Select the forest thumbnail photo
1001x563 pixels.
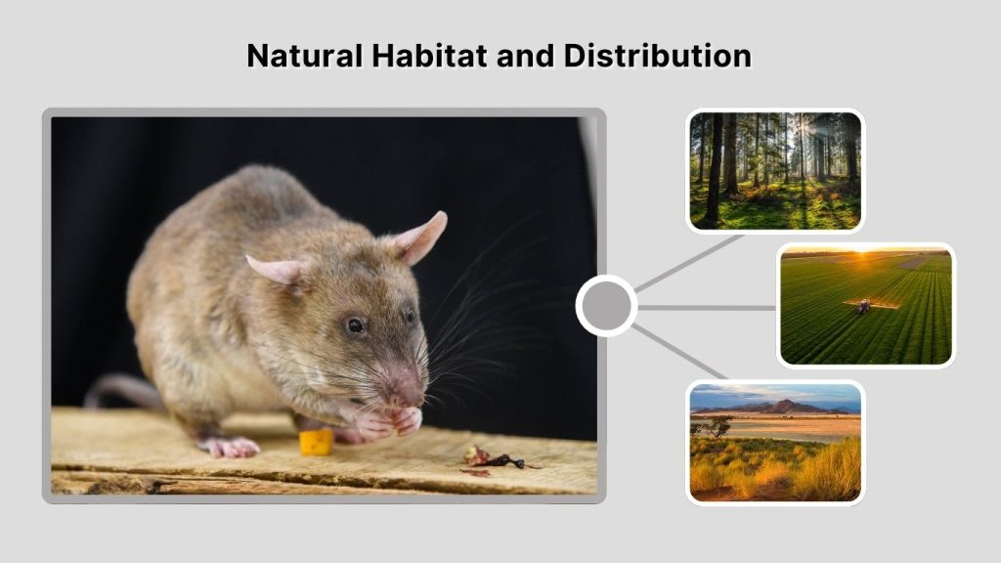coord(775,171)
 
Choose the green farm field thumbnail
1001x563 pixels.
coord(866,305)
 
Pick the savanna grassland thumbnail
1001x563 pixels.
coord(775,442)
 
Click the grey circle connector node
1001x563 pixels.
coord(606,306)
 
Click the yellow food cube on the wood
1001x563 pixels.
coord(316,442)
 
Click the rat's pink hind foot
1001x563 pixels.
coord(231,447)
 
